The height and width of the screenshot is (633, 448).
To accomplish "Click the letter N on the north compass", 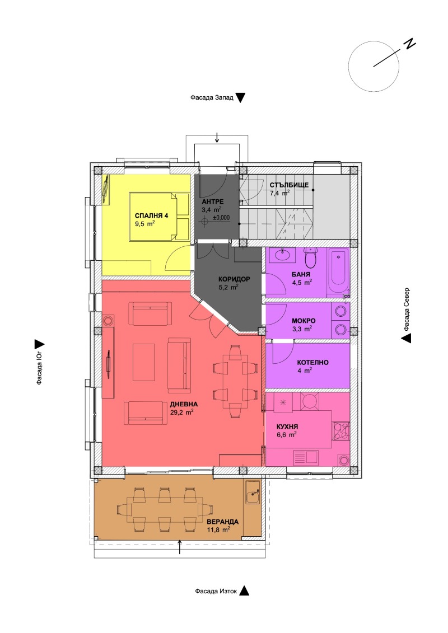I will pos(410,45).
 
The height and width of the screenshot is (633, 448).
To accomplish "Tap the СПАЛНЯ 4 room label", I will pos(152,215).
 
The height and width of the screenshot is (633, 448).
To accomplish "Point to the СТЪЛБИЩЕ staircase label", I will pos(288,185).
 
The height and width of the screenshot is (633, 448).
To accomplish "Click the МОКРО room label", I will pos(304,321).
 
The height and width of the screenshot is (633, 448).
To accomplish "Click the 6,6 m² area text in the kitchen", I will pos(286,434).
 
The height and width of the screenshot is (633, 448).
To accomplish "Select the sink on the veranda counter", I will pos(253,493).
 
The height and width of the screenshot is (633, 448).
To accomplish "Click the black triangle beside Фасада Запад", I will pos(241,98).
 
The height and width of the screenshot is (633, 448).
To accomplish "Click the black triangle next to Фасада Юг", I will pos(39,345).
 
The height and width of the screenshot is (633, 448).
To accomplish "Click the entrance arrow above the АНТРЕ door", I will pos(217,137).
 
